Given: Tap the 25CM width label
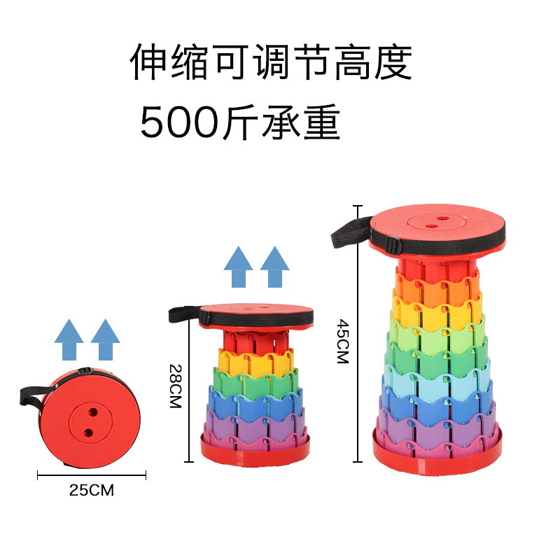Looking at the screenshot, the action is [x=91, y=490].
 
